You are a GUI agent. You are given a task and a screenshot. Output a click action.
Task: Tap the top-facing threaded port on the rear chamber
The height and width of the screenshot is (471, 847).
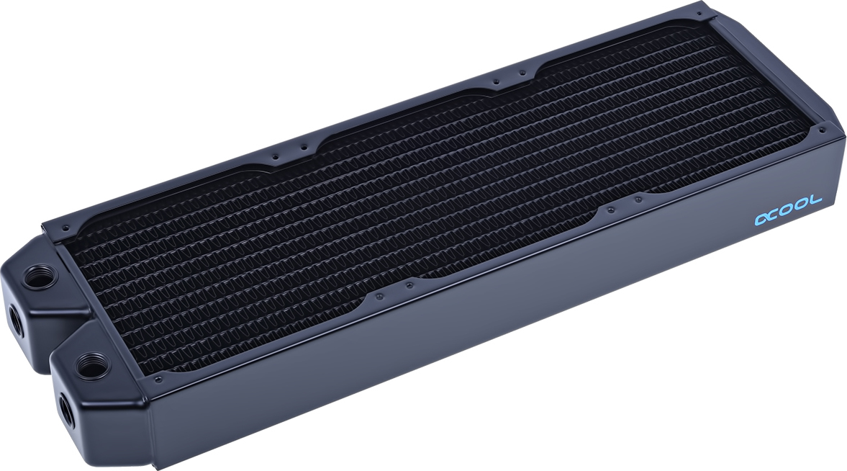click(33, 275)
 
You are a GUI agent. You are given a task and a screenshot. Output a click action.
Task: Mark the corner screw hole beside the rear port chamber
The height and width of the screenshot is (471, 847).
click(65, 228)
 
